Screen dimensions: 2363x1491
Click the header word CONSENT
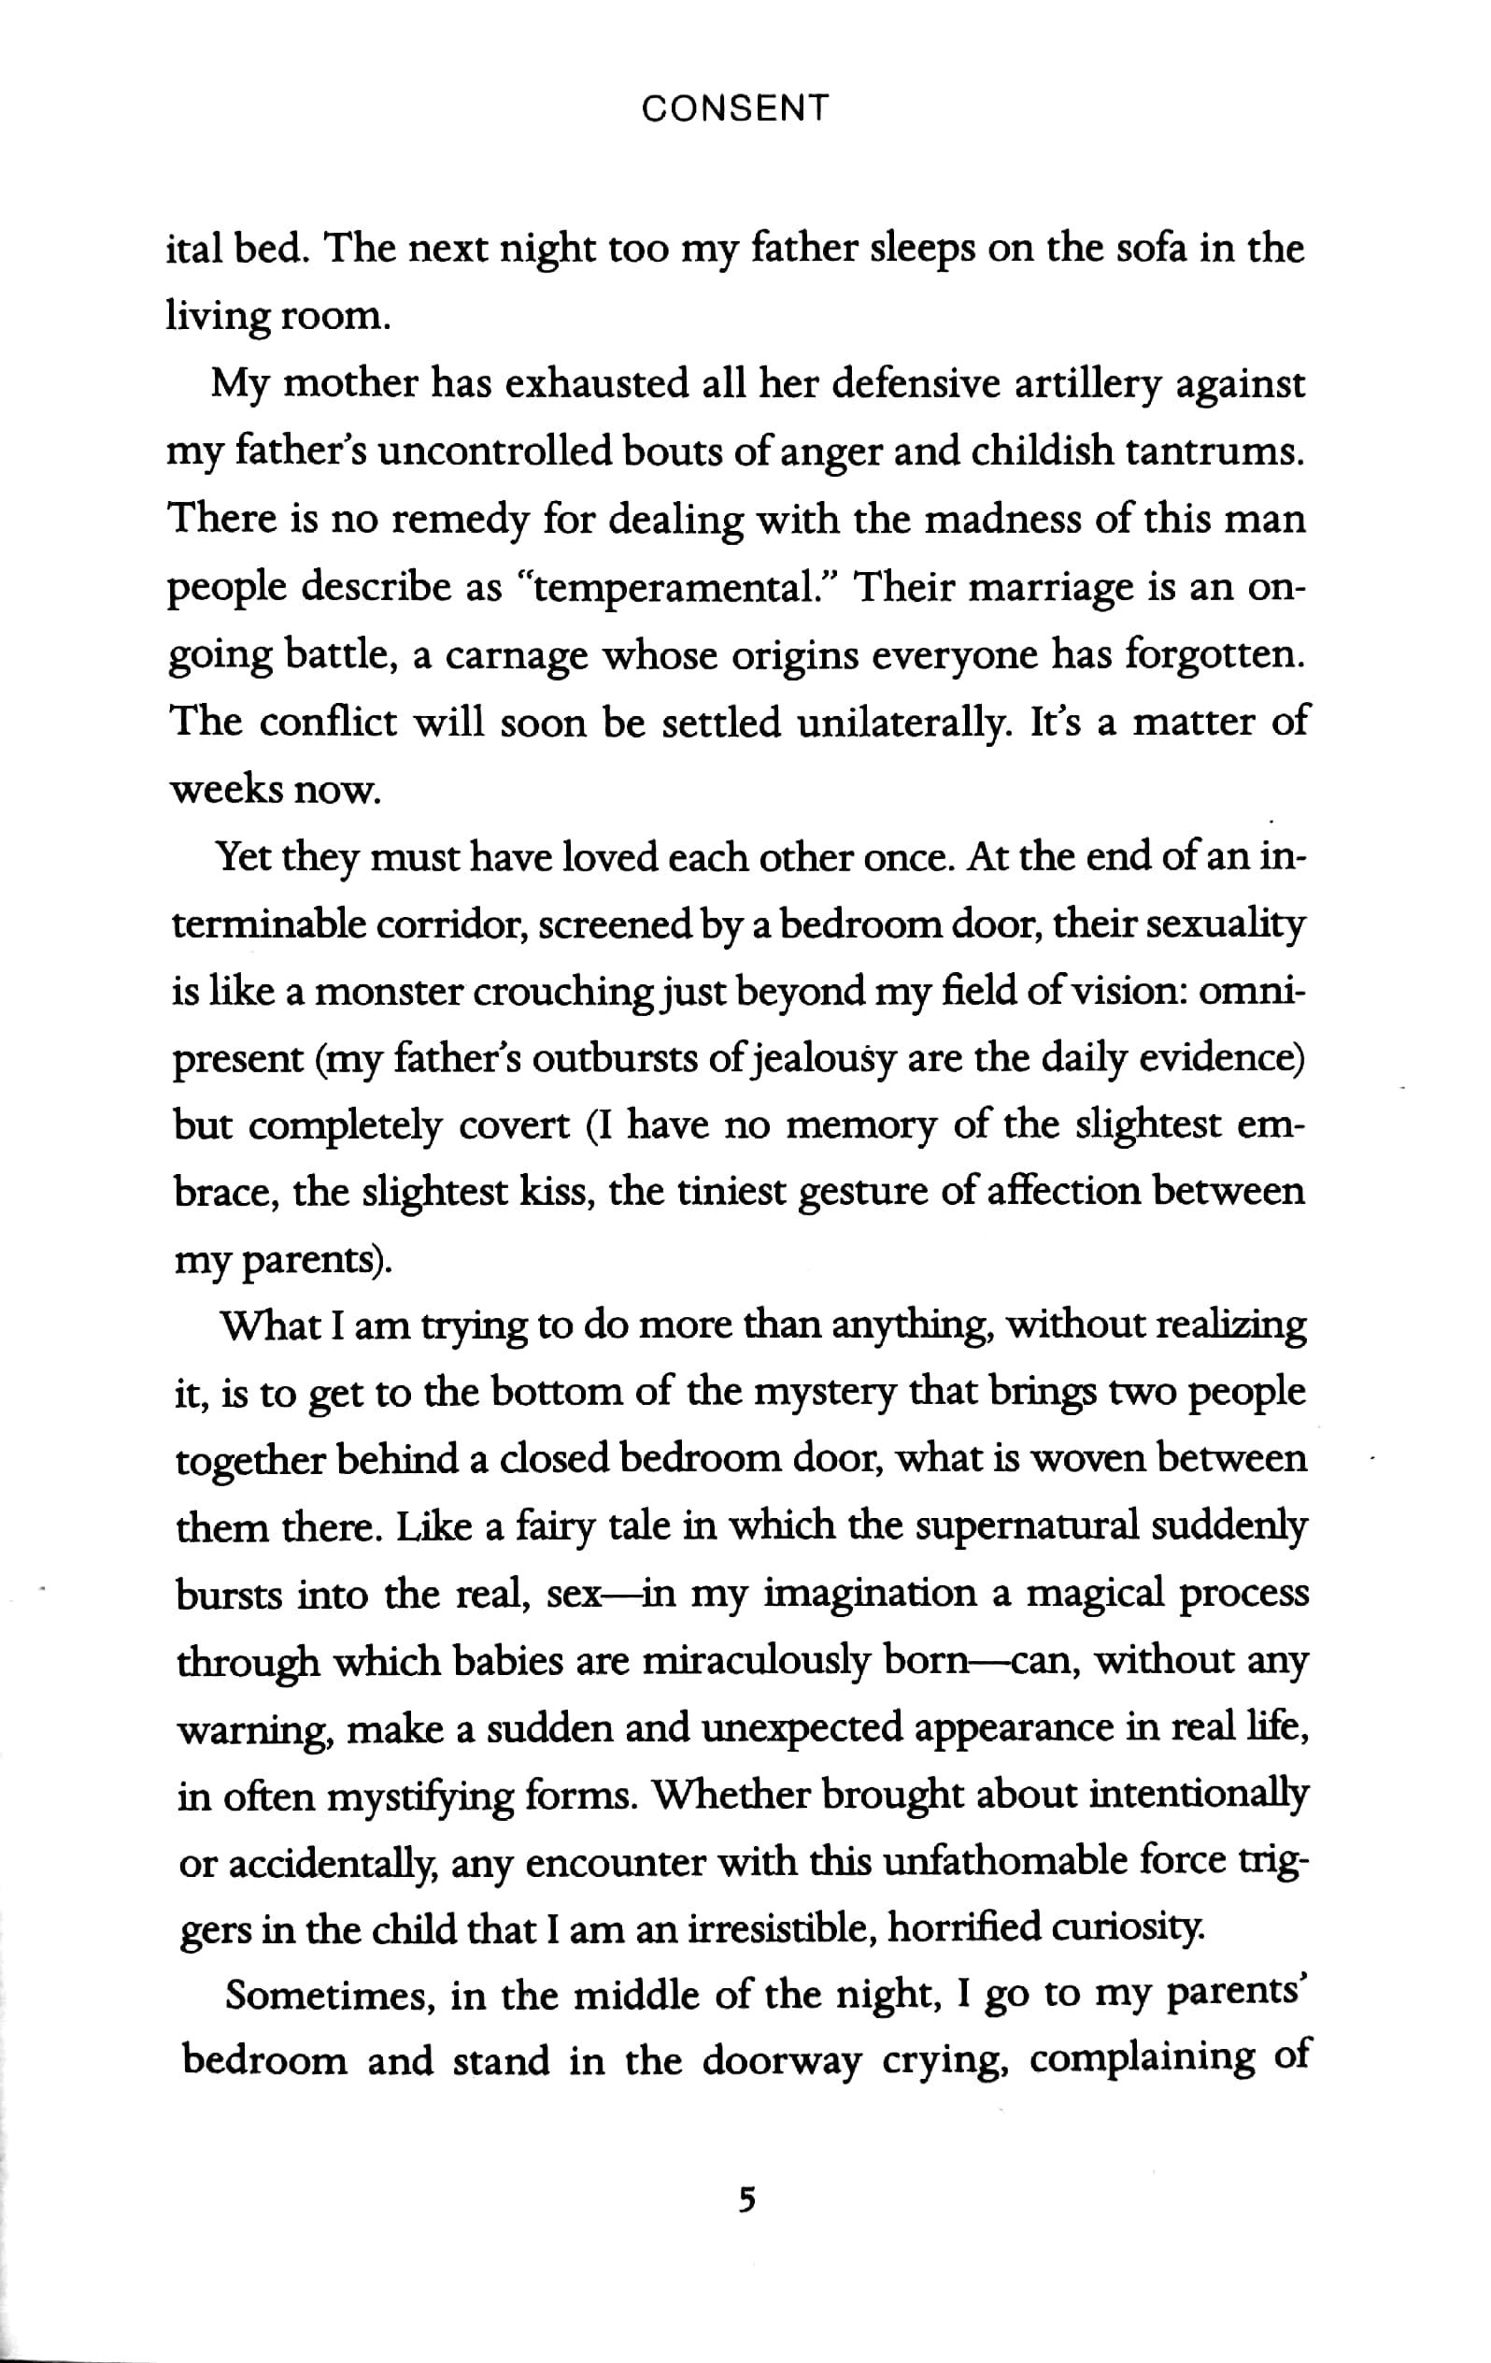pyautogui.click(x=734, y=107)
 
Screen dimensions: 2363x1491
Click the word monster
pyautogui.click(x=388, y=992)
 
